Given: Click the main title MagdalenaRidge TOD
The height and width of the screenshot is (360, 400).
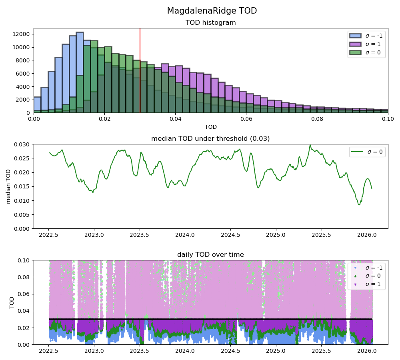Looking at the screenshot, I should click(212, 11).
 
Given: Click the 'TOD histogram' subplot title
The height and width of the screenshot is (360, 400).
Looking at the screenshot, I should click(210, 23).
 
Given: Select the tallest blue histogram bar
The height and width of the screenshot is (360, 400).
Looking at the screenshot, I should click(80, 72).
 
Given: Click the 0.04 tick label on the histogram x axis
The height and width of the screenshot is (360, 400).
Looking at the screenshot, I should click(175, 119).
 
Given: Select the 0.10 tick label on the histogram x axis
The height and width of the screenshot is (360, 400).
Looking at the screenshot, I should click(388, 119).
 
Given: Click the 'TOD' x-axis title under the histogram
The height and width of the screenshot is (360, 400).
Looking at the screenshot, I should click(210, 127).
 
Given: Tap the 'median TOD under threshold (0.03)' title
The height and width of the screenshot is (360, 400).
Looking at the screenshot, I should click(210, 139).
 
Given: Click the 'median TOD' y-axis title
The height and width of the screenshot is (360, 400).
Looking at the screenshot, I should click(9, 186).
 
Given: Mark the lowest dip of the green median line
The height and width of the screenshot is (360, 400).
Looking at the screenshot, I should click(359, 204).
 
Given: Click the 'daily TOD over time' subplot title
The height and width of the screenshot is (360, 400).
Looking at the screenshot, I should click(210, 255).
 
